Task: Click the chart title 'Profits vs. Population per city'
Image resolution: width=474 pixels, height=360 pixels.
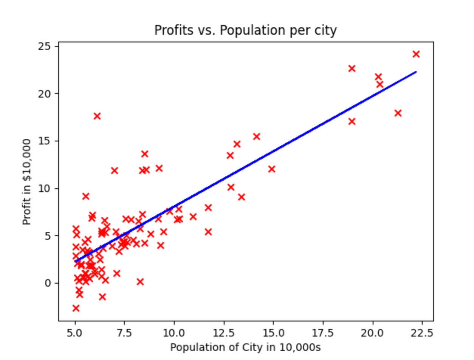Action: click(245, 31)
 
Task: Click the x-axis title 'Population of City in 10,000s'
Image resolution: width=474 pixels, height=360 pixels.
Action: click(245, 347)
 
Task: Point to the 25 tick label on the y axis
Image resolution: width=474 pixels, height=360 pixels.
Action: click(48, 47)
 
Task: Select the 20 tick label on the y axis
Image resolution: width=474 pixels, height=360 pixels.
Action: click(48, 94)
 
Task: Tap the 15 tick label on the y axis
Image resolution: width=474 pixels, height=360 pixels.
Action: click(48, 141)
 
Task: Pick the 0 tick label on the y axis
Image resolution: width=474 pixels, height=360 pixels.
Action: click(50, 283)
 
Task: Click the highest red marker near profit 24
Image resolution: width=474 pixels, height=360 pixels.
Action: click(416, 54)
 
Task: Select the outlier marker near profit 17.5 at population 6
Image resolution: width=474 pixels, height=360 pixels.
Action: click(97, 116)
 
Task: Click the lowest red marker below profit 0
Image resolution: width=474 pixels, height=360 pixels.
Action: click(76, 308)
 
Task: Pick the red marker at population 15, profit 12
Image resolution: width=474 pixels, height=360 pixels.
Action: click(272, 169)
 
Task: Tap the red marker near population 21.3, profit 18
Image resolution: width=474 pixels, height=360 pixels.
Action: click(398, 113)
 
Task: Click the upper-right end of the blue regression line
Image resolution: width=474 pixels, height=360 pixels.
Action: click(416, 72)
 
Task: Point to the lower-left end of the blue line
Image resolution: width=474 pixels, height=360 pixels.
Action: click(76, 261)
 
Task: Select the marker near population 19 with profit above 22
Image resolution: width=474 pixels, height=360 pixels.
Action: click(352, 68)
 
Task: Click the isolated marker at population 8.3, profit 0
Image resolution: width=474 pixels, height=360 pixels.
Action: click(140, 282)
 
